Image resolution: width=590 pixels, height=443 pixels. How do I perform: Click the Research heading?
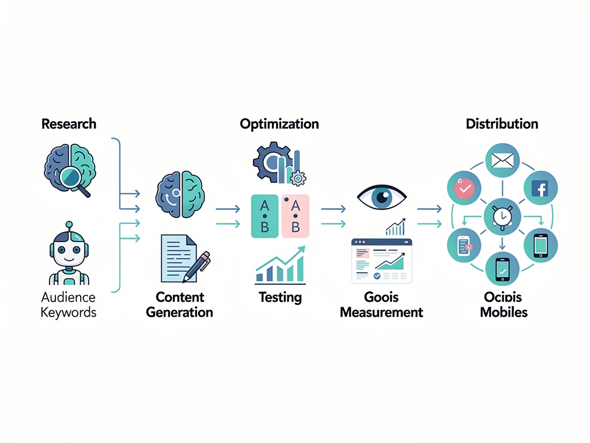[69, 124]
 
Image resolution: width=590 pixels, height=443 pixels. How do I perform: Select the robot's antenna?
[69, 227]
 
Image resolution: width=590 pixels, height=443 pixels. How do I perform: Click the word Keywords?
[69, 313]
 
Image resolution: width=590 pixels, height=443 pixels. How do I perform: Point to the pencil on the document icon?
[196, 266]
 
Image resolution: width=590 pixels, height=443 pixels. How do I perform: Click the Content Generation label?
[179, 305]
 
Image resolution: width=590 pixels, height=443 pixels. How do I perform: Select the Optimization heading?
[279, 124]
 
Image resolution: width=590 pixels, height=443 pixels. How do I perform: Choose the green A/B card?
[264, 216]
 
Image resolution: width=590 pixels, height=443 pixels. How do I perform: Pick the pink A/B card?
[296, 216]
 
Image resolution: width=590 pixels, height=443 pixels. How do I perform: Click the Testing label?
[280, 297]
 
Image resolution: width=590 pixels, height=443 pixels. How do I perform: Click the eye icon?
[381, 197]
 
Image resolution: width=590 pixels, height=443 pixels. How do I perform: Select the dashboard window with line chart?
[381, 261]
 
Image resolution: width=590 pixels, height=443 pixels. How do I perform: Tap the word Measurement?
[381, 313]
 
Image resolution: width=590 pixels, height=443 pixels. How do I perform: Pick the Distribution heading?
[502, 124]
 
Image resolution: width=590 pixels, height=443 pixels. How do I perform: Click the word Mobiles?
[504, 313]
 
